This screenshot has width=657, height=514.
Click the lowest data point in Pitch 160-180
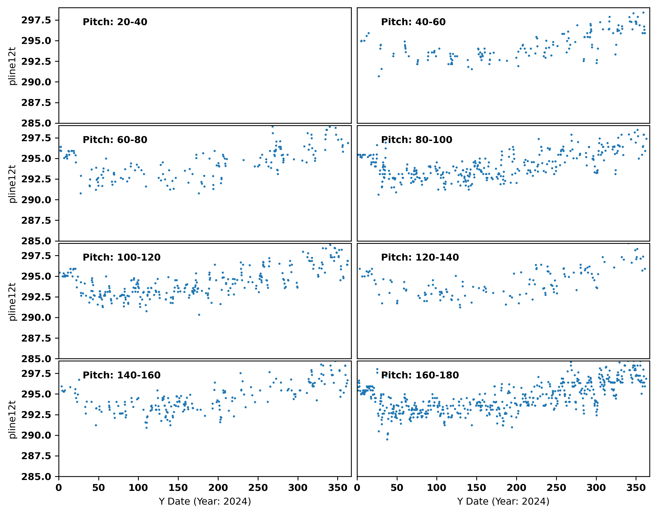387,439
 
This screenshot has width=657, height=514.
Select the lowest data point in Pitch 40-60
378,76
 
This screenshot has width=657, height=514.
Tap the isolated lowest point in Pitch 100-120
199,315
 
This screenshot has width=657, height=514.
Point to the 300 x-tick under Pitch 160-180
596,488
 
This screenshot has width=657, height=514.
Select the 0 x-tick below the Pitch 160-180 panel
357,488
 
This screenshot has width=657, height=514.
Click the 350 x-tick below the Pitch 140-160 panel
337,488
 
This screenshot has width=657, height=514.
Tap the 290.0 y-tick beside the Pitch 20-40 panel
36,82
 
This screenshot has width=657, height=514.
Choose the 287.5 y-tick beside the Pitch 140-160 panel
36,456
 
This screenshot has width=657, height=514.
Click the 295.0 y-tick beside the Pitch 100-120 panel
36,276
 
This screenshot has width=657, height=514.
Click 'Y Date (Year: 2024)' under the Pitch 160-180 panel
503,501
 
